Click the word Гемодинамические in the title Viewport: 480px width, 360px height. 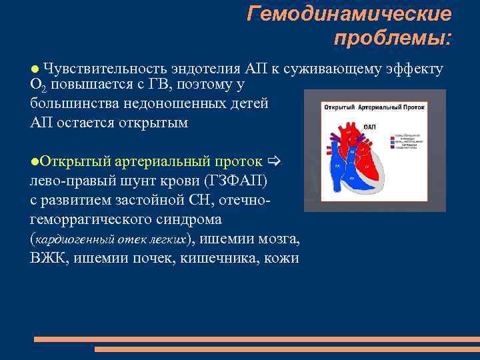click(x=349, y=13)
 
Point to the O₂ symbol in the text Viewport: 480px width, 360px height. click(x=37, y=87)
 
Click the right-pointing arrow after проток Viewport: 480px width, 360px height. click(x=275, y=161)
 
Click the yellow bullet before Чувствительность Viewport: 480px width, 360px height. click(x=35, y=69)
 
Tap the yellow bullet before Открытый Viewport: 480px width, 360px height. click(x=34, y=161)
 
